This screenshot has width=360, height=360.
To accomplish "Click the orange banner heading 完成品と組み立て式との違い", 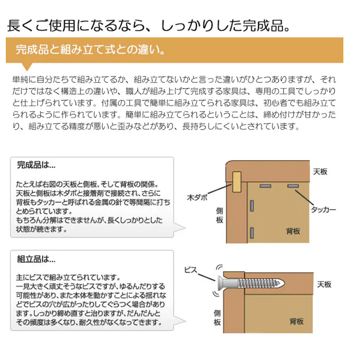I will click(91, 50).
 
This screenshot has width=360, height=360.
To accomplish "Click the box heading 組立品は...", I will click(36, 260).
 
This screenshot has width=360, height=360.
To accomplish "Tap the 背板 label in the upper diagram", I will click(293, 231).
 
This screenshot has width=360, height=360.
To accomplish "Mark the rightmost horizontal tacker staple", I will click(292, 187).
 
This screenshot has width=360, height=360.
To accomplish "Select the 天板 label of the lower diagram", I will click(324, 285).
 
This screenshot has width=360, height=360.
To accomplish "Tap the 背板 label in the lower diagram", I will click(296, 322).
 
